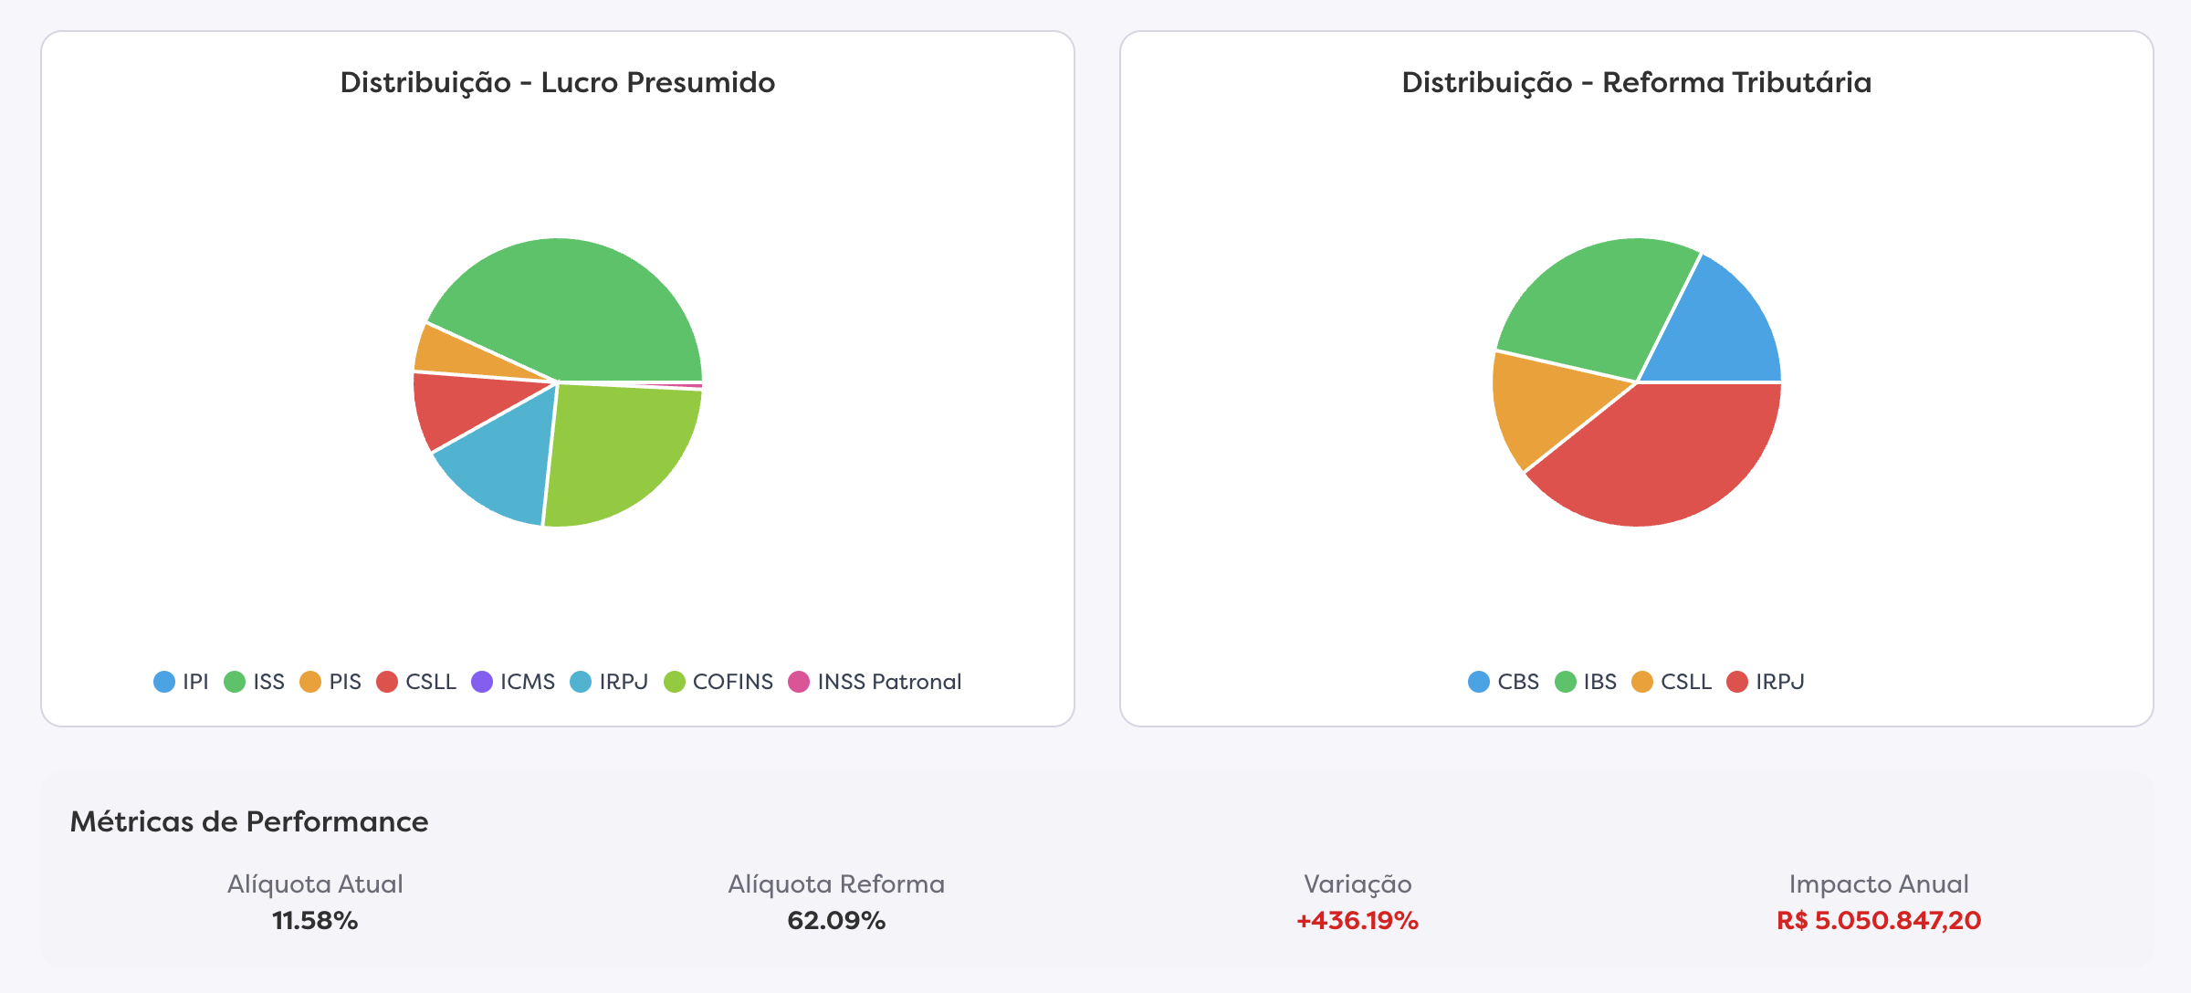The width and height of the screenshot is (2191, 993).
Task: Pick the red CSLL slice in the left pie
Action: (x=456, y=406)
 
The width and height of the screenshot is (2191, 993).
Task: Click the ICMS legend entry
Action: (x=514, y=682)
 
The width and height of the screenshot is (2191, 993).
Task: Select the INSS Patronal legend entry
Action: (x=875, y=682)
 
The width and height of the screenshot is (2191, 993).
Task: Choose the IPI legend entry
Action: (x=182, y=682)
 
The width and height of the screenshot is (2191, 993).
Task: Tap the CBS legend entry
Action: (x=1504, y=682)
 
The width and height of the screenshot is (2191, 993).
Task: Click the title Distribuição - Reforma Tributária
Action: (x=1636, y=82)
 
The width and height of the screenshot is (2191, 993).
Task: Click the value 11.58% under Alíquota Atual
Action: (x=315, y=920)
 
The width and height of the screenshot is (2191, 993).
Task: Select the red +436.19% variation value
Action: (x=1358, y=920)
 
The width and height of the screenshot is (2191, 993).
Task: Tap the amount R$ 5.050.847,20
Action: (x=1879, y=920)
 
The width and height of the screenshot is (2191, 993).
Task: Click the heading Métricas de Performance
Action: (x=249, y=821)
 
